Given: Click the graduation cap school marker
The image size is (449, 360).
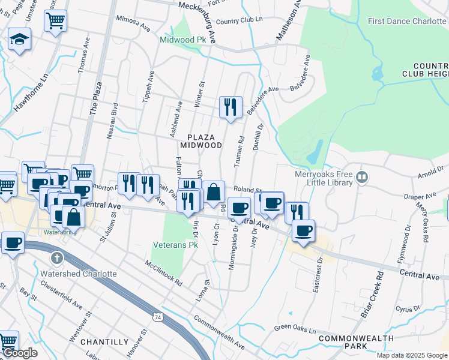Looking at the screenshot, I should coord(20,40).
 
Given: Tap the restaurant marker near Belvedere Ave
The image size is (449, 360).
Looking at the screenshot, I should coord(231,107).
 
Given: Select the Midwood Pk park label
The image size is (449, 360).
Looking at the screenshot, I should coord(178,40).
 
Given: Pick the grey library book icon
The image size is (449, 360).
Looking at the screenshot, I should coord(362,176).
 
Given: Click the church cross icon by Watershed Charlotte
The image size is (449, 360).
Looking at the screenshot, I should coord(57,259).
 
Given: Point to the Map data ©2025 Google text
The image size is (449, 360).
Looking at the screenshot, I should coord(411,355).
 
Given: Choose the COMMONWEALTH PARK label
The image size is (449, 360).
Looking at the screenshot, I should coord(351,343).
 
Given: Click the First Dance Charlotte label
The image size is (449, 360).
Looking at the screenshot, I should coord(407,21).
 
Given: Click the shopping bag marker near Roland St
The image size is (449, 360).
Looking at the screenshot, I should coord(213,193).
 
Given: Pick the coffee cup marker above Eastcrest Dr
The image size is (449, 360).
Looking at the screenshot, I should coord(303,230).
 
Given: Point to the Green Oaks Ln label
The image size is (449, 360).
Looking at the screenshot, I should coord(295,328).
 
